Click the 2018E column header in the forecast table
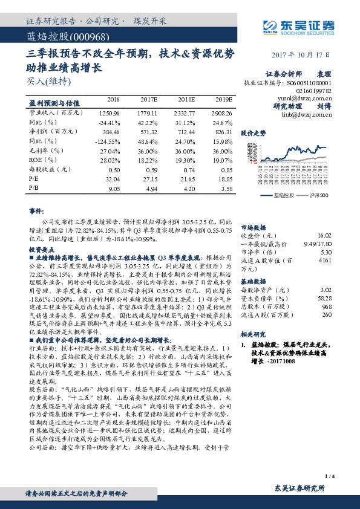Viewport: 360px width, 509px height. coord(185,99)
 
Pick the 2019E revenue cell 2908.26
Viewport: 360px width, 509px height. coord(221,113)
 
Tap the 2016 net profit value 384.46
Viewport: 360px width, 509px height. coord(110,130)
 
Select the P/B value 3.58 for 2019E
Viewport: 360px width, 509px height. coord(224,189)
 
